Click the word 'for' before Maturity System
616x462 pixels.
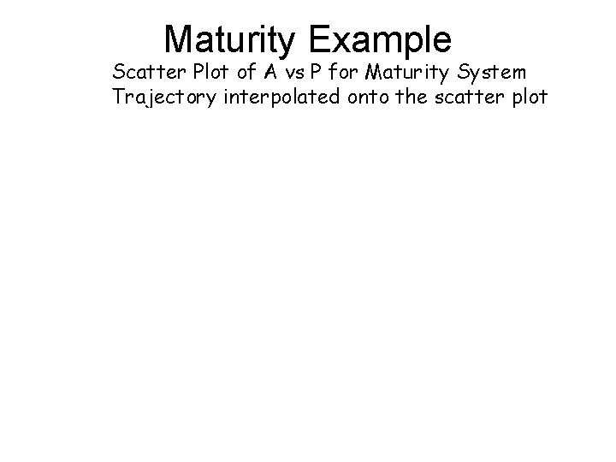coord(344,69)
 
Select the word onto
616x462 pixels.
coord(369,97)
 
